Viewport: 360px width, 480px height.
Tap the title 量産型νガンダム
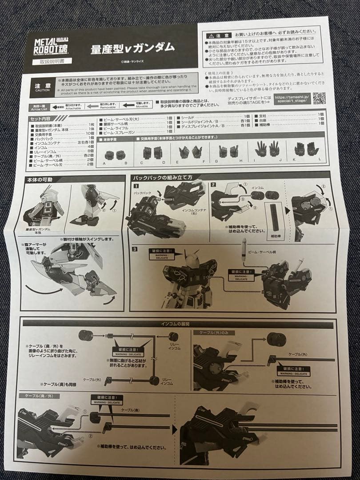point(132,48)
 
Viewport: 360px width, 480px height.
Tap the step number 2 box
point(213,184)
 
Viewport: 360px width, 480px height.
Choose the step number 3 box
point(135,249)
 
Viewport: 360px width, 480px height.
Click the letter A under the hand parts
point(104,164)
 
